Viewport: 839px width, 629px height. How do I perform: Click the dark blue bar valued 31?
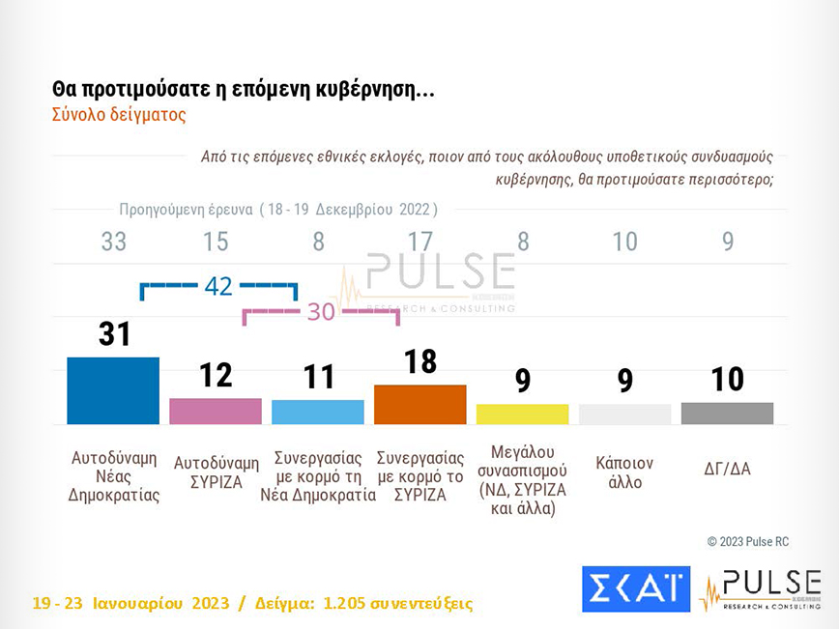pos(113,390)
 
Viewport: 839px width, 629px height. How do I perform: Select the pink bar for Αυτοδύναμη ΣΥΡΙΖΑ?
pos(216,411)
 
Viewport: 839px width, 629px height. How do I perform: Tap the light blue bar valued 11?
pos(318,412)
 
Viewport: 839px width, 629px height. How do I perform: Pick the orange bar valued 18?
pos(419,404)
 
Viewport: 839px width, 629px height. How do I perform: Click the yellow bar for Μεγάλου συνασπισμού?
pos(522,414)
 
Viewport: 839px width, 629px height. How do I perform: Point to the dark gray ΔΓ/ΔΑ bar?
pos(727,413)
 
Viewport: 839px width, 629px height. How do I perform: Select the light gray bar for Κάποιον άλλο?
pos(624,414)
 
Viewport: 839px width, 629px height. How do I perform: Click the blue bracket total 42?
pos(218,286)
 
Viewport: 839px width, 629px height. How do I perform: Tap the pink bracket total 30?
pos(320,311)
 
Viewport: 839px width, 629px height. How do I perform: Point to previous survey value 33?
pos(114,242)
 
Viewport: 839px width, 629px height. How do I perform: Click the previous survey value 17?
pos(420,242)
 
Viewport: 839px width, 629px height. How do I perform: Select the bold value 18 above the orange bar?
pos(420,361)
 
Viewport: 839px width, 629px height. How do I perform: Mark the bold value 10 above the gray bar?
pos(727,380)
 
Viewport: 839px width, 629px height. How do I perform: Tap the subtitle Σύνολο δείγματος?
pos(118,114)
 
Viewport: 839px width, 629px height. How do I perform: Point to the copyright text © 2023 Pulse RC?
pos(747,541)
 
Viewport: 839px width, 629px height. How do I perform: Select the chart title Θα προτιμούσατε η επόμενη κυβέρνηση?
pos(244,90)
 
